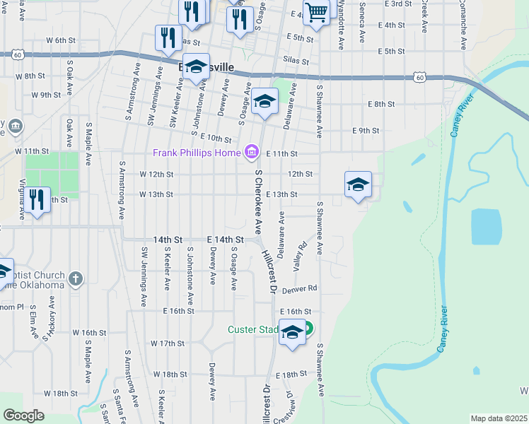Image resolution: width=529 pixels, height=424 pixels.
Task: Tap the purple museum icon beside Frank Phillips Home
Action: (250, 152)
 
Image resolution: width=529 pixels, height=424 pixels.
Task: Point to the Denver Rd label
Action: (300, 289)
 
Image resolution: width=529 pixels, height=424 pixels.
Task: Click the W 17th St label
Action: (168, 343)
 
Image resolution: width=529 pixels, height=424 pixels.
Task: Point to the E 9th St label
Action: (366, 131)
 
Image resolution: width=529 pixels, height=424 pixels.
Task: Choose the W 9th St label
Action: (46, 95)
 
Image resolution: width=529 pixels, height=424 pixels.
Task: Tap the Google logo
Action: (24, 416)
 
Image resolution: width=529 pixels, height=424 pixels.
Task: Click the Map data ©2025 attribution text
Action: (499, 418)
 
